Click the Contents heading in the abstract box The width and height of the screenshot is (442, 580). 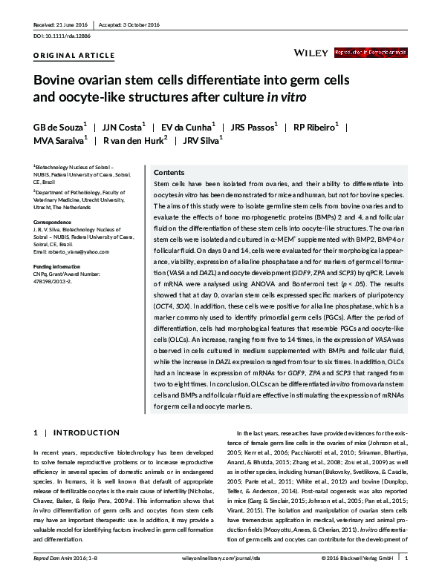tap(169, 171)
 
